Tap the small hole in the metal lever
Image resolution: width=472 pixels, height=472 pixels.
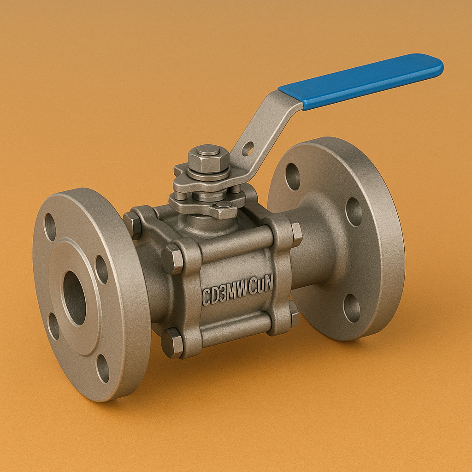coord(248,148)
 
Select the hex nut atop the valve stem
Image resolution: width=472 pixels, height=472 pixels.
coord(208,159)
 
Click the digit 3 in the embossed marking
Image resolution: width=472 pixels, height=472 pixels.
coord(223,294)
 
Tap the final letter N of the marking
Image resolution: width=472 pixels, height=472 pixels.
coord(268,285)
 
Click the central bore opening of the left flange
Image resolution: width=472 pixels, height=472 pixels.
coord(74,298)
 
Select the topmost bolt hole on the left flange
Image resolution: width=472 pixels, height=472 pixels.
coord(50,227)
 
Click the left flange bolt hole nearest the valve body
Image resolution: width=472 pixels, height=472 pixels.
coord(101,269)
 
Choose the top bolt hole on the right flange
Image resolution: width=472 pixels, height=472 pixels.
coord(293,176)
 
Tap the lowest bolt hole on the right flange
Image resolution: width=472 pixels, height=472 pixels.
coord(352,308)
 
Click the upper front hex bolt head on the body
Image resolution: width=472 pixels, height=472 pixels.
coord(172,259)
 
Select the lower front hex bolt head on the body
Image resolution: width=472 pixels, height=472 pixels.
coord(172,342)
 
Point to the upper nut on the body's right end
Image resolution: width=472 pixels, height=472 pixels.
coord(296,234)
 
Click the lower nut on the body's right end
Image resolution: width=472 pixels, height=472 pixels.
coord(294,313)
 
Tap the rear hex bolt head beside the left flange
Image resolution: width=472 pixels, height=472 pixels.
coord(132,224)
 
